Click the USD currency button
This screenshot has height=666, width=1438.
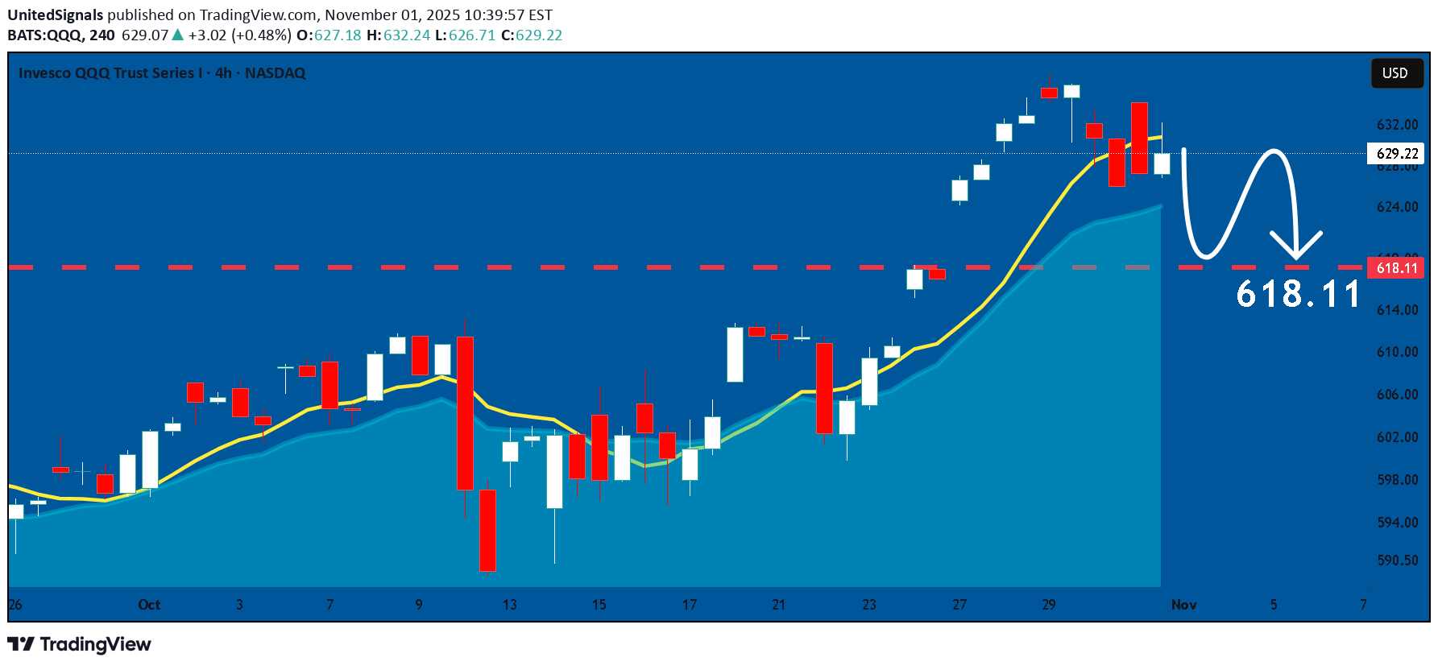click(x=1396, y=73)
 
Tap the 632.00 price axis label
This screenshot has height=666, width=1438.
click(x=1397, y=125)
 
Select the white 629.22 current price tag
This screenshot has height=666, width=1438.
click(x=1397, y=153)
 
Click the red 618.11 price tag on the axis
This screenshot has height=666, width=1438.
click(x=1396, y=268)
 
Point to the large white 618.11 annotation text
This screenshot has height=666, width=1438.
click(x=1298, y=294)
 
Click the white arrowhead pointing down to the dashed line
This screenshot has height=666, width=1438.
click(x=1296, y=246)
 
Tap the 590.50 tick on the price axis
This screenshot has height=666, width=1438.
click(x=1397, y=561)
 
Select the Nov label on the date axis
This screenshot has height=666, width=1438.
click(x=1183, y=605)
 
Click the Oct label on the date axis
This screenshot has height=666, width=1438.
click(x=149, y=605)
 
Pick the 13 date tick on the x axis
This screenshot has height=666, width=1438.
click(x=509, y=605)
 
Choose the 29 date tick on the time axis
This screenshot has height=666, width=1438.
click(x=1048, y=605)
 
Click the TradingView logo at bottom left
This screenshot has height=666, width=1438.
click(x=79, y=644)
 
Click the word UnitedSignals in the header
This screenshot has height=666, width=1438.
click(x=56, y=14)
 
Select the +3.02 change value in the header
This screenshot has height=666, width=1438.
click(x=207, y=35)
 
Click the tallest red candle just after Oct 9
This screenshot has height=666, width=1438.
click(x=465, y=412)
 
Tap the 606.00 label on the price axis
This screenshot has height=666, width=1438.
click(x=1397, y=395)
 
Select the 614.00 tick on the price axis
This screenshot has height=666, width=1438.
click(x=1397, y=310)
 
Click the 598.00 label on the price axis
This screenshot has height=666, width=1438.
click(x=1397, y=480)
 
